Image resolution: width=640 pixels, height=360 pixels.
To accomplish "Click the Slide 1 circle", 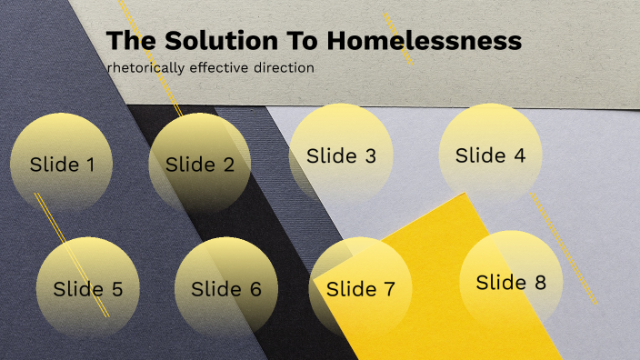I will pyautogui.click(x=62, y=164).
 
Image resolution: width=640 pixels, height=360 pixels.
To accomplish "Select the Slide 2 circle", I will pyautogui.click(x=200, y=164).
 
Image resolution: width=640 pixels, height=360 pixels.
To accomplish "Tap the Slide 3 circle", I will pyautogui.click(x=341, y=155).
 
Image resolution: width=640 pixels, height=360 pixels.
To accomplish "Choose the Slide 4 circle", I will pyautogui.click(x=490, y=155).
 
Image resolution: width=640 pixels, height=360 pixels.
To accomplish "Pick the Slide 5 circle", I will pyautogui.click(x=87, y=289).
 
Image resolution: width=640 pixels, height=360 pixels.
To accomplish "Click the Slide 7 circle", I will pyautogui.click(x=360, y=289).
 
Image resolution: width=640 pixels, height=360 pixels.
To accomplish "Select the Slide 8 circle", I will pyautogui.click(x=511, y=282).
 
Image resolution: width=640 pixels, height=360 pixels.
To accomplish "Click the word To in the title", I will pyautogui.click(x=301, y=41).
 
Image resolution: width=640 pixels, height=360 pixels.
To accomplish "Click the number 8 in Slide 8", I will pyautogui.click(x=540, y=282).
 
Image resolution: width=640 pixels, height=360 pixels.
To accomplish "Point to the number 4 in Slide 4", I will pyautogui.click(x=519, y=155).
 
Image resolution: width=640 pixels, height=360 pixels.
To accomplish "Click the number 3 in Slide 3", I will pyautogui.click(x=370, y=155).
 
